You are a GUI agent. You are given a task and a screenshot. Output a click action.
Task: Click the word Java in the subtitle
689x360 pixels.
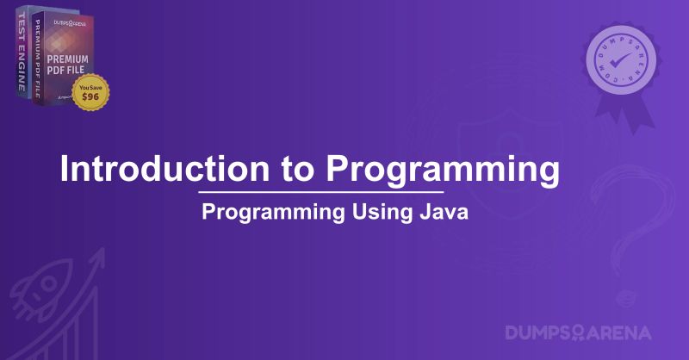coord(448,213)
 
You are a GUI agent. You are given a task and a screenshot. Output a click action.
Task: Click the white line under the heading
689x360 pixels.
coord(320,190)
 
